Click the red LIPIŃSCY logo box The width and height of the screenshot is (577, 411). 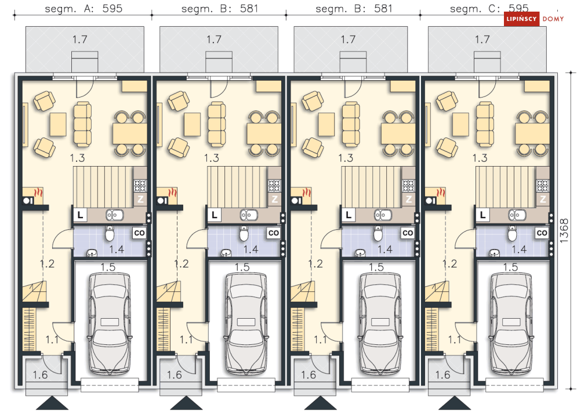(x=521, y=19)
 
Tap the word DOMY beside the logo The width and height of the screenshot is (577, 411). (x=553, y=19)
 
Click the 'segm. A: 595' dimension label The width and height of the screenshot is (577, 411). (x=84, y=9)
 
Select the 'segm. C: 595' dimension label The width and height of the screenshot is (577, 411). (x=489, y=9)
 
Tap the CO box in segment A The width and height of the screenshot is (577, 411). (x=139, y=233)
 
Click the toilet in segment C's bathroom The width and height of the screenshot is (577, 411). (x=512, y=233)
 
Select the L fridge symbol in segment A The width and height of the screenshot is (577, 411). (x=80, y=215)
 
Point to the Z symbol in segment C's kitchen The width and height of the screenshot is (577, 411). (x=542, y=200)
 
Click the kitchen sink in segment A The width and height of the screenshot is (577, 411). (x=114, y=214)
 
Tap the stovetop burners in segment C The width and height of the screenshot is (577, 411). (x=542, y=185)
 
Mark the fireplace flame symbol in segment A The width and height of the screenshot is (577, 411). (x=38, y=193)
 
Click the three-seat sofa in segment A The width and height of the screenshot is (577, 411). (x=82, y=124)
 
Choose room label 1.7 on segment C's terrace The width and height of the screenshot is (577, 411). (x=482, y=39)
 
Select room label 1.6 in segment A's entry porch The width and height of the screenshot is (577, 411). (x=40, y=375)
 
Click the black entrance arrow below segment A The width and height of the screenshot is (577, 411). (x=52, y=403)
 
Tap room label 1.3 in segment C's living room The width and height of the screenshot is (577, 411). (x=480, y=158)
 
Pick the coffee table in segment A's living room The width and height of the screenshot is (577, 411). (x=58, y=124)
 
